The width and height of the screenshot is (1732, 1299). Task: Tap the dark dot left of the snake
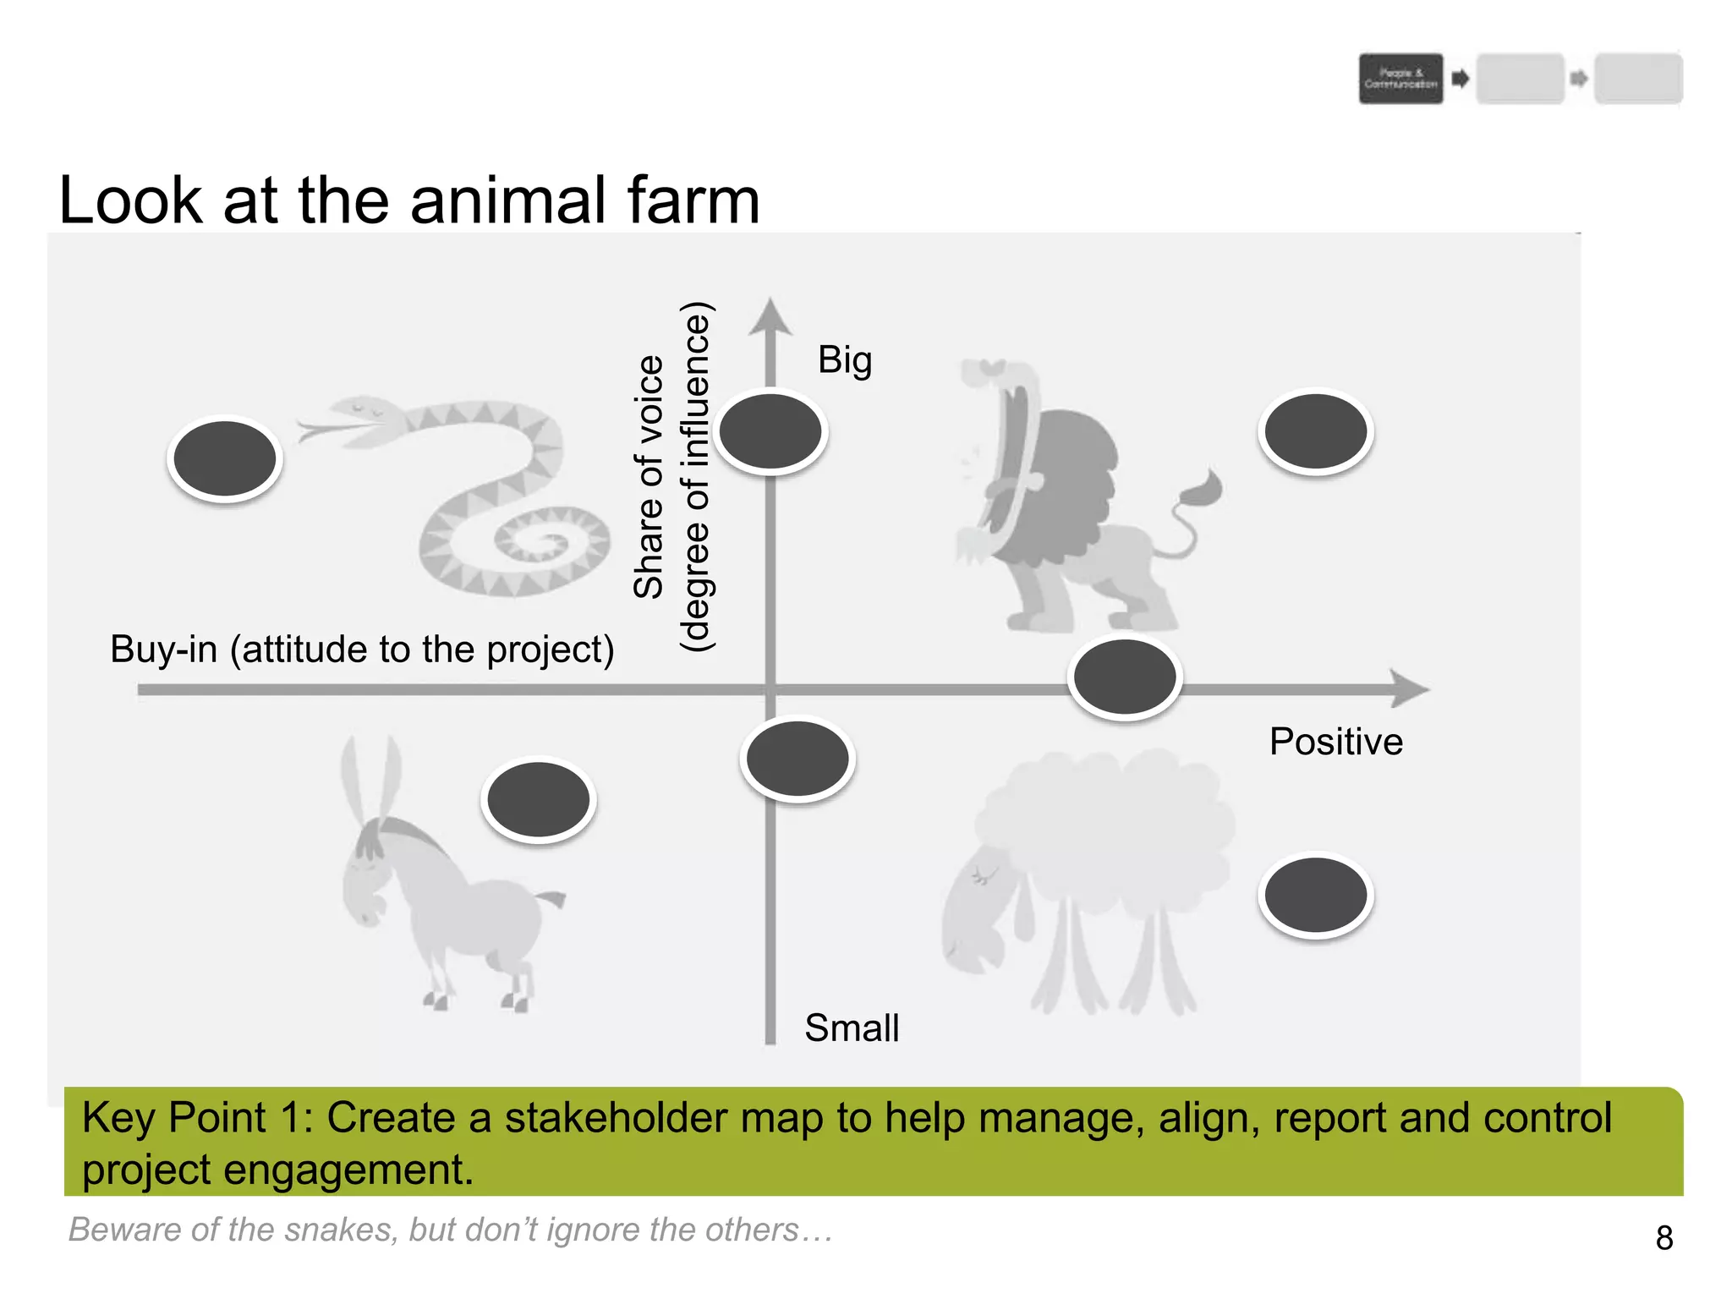[x=224, y=458]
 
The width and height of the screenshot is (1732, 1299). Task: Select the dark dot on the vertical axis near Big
[x=770, y=431]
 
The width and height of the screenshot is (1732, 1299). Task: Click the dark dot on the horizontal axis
[x=1125, y=677]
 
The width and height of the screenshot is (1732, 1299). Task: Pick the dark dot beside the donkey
[x=539, y=799]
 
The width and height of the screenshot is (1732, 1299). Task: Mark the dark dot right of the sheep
[x=1316, y=895]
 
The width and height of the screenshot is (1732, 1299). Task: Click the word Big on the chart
[x=844, y=360]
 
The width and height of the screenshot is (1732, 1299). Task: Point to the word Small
[x=852, y=1028]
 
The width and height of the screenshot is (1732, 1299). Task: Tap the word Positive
[x=1336, y=742]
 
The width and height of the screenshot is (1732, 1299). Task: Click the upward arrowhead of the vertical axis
[x=770, y=316]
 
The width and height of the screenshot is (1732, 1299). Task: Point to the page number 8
[x=1664, y=1238]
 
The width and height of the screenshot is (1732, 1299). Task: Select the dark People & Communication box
[x=1400, y=79]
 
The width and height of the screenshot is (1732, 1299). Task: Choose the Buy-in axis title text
[x=362, y=649]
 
